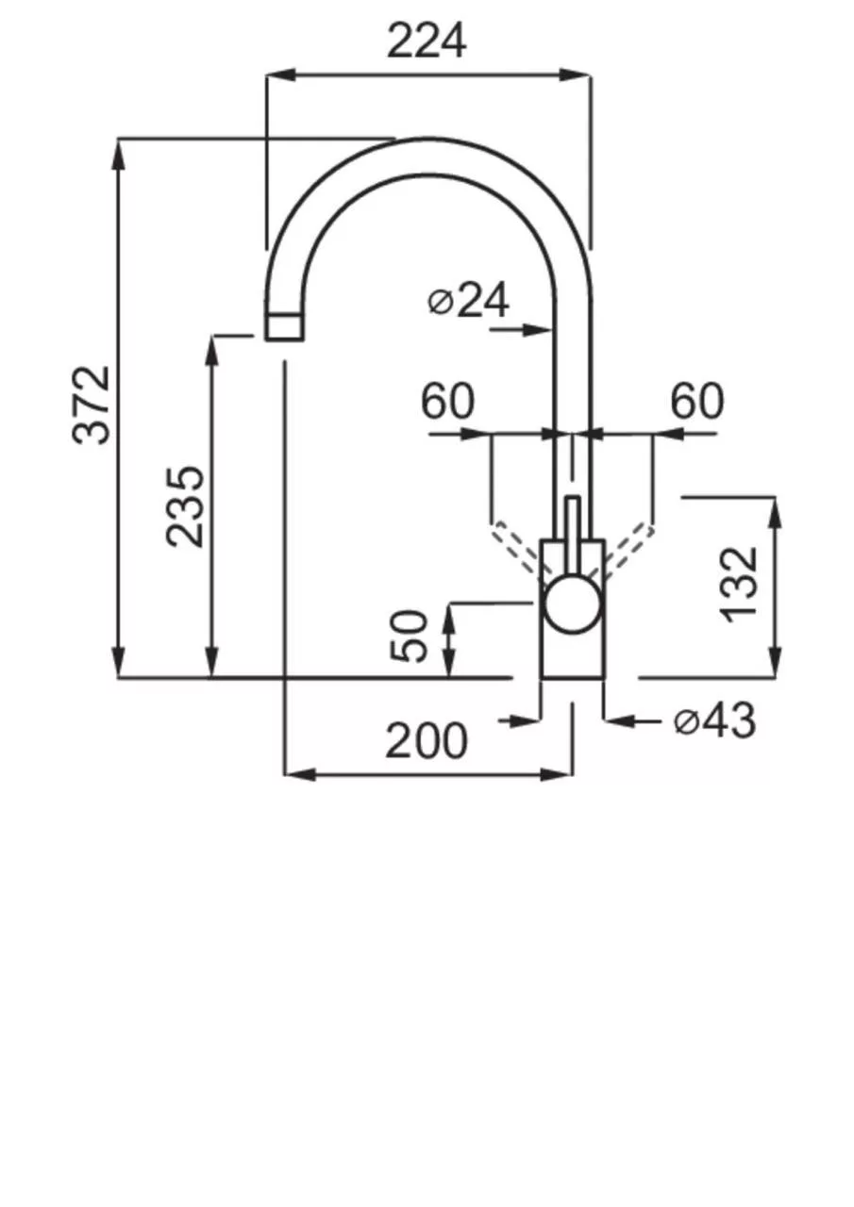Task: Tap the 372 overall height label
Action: point(92,405)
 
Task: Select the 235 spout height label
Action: point(186,506)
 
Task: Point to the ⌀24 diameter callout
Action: point(468,301)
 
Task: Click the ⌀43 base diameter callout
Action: point(715,720)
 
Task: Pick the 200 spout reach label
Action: point(427,741)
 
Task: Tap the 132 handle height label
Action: point(739,586)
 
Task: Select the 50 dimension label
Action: point(409,637)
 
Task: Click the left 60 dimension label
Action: point(447,401)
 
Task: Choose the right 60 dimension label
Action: point(697,401)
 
